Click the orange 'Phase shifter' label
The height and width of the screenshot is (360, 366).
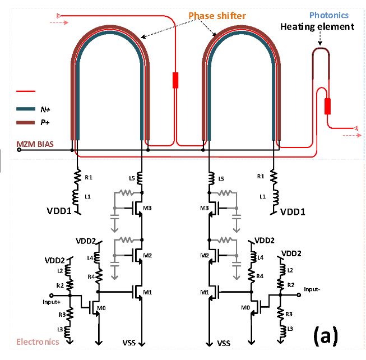pos(217,16)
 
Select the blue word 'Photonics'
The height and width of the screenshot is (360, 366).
pos(329,15)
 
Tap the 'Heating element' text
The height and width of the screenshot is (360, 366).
pos(317,26)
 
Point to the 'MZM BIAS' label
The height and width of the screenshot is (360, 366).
pos(35,144)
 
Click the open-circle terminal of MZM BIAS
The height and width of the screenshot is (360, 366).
pos(19,150)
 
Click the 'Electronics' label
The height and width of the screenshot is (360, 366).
pos(38,342)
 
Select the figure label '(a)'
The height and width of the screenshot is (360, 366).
pos(326,335)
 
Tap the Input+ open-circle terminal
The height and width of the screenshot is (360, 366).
pos(52,296)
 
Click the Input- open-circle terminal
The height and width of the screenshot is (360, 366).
pos(299,295)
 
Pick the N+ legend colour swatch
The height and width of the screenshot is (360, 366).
pos(26,109)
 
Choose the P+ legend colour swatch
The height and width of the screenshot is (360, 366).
pos(26,122)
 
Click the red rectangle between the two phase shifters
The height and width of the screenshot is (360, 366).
pos(175,80)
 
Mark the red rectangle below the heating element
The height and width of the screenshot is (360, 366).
pos(328,106)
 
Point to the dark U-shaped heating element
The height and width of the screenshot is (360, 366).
pos(321,49)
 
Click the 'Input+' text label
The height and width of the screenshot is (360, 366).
pos(52,302)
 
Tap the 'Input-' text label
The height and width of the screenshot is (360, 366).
pos(312,289)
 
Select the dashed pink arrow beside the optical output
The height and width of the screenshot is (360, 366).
pos(352,135)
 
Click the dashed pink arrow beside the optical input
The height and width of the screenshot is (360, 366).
pos(59,22)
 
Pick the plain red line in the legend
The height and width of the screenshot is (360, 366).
pos(26,91)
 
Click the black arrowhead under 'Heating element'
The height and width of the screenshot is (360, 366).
pos(320,43)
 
